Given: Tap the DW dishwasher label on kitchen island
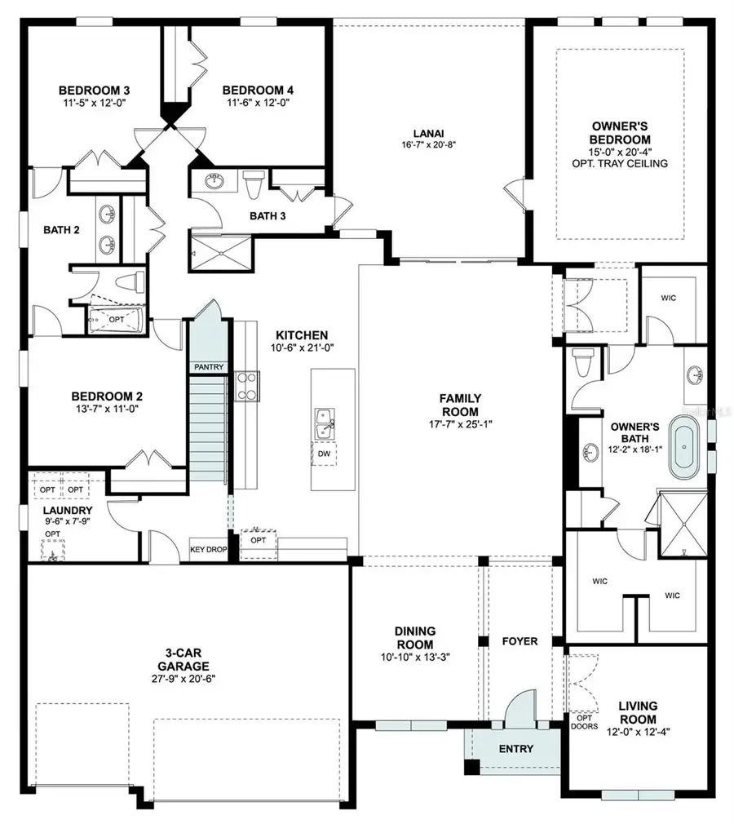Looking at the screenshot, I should [x=325, y=454].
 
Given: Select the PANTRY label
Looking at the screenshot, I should [x=209, y=367].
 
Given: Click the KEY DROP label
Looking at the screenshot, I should [x=208, y=550].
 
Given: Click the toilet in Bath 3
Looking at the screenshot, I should [x=252, y=184].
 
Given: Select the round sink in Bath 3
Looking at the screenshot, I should [x=214, y=182].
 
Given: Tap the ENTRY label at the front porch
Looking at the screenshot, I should [x=515, y=749].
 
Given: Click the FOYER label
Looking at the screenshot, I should [x=520, y=641].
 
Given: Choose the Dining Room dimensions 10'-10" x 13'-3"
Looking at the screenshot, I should [x=414, y=658].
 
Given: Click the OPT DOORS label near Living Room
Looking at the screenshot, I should [x=584, y=722].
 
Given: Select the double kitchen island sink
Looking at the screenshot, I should [x=325, y=423].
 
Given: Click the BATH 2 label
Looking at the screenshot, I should [x=61, y=230].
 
